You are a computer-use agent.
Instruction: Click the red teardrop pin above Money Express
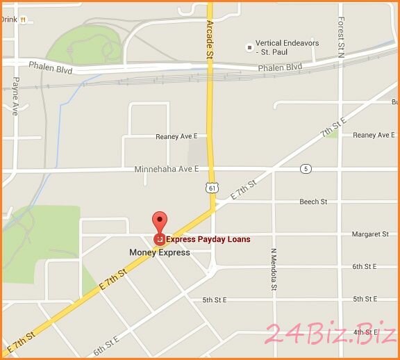(x=160, y=221)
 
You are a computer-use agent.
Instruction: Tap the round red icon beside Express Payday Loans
(x=160, y=239)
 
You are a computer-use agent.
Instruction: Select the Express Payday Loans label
(x=208, y=239)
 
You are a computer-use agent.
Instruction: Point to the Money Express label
(x=160, y=252)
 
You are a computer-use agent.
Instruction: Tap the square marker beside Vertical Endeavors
(x=249, y=47)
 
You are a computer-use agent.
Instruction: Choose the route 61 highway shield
(x=210, y=188)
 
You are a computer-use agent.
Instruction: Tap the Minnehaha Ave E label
(x=167, y=169)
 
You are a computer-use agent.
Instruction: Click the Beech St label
(x=313, y=202)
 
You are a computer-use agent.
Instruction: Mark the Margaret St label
(x=370, y=234)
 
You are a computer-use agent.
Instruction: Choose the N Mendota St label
(x=274, y=268)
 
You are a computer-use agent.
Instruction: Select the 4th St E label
(x=365, y=332)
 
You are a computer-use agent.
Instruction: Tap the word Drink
(x=9, y=19)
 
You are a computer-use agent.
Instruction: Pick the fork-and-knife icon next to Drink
(x=23, y=19)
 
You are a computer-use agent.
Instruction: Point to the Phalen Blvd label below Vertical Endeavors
(x=280, y=67)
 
